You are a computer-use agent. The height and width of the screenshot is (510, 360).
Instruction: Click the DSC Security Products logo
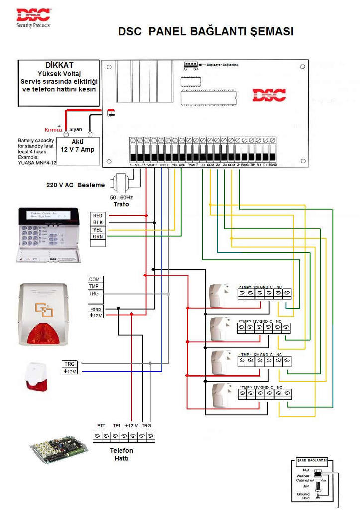tap(33, 17)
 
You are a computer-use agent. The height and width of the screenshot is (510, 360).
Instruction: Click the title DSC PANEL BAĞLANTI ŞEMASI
tap(206, 32)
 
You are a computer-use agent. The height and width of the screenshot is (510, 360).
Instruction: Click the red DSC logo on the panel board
tap(269, 95)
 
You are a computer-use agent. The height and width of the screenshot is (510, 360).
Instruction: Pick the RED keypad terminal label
tap(98, 215)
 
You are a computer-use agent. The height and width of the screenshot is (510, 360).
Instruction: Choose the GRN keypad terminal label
tap(98, 237)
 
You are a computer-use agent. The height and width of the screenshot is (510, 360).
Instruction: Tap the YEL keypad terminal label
tap(98, 230)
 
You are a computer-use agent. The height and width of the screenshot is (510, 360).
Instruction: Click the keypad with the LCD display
tap(48, 234)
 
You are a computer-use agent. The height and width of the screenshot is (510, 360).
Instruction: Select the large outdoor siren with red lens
tap(44, 314)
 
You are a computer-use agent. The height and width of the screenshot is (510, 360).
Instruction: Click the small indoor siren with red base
tap(36, 377)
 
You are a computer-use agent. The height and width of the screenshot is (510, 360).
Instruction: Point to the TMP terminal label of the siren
tap(94, 287)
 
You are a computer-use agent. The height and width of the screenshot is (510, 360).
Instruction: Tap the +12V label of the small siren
tap(70, 372)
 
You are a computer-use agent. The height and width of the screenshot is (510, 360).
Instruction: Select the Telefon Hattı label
tap(121, 454)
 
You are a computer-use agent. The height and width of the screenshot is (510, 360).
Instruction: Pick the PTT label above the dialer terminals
tap(101, 425)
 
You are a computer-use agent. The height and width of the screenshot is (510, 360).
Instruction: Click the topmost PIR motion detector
tap(219, 294)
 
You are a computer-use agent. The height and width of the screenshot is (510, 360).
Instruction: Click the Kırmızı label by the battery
tap(53, 129)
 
